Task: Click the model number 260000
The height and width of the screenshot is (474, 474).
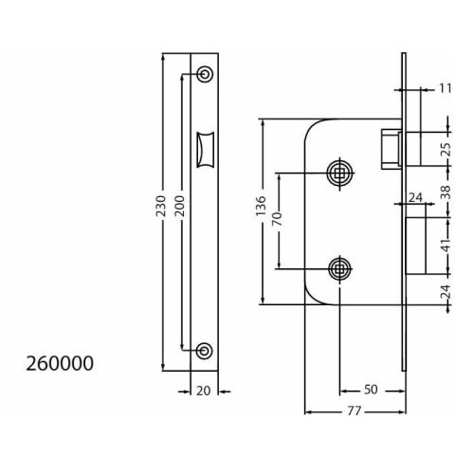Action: point(60,363)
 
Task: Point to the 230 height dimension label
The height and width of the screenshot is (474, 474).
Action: point(161,206)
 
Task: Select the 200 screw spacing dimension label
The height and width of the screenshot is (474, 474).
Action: point(179,206)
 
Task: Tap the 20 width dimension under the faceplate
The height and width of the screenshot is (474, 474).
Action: point(203,392)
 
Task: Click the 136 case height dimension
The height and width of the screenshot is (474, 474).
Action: point(261,207)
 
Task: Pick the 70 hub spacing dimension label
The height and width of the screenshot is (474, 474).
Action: point(277,219)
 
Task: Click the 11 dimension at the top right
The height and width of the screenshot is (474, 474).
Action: point(446,88)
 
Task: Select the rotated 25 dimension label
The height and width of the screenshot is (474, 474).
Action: point(446,150)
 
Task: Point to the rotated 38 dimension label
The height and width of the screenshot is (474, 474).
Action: point(446,191)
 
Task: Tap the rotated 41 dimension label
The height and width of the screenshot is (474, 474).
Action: point(446,246)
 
